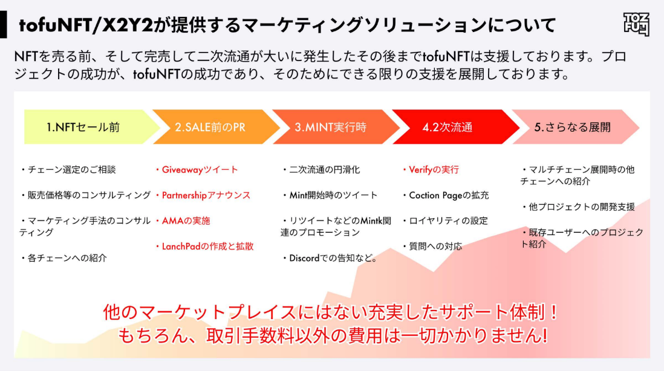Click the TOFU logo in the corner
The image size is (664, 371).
click(x=636, y=24)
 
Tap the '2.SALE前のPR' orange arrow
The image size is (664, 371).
click(x=210, y=127)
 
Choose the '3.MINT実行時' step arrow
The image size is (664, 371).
click(x=331, y=127)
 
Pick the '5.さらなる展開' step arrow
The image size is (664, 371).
click(x=572, y=127)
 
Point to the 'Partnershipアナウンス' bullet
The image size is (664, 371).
click(x=206, y=195)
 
